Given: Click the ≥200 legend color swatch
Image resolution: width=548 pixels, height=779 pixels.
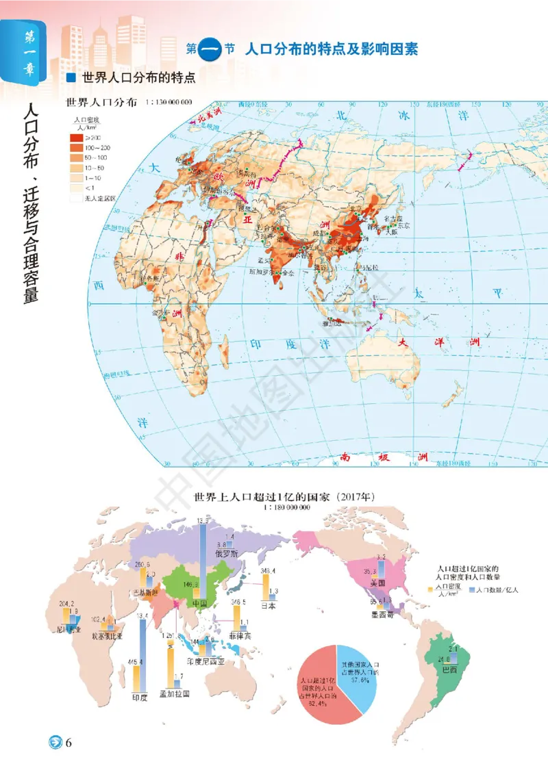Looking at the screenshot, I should [75, 138].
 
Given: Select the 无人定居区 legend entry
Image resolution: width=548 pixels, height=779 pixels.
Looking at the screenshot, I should [94, 197].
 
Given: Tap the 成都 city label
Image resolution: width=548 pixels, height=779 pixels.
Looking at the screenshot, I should [320, 233].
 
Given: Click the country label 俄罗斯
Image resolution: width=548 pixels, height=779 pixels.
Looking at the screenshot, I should [227, 554].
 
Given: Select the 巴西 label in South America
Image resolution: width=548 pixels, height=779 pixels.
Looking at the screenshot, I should [449, 669].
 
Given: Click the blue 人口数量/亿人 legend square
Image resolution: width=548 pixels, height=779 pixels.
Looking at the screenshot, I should [480, 589].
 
